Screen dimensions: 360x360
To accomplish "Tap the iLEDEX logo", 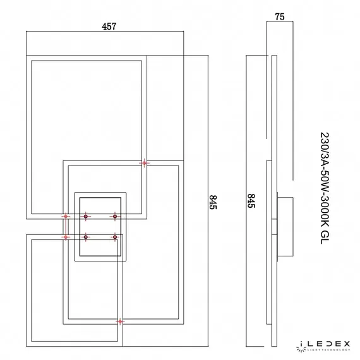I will (325, 343).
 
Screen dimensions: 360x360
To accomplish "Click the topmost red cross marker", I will (145, 163).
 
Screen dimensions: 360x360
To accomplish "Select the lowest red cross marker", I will (120, 321).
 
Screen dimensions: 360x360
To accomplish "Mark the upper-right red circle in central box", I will (115, 217).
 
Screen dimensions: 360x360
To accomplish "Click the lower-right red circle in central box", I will (115, 237).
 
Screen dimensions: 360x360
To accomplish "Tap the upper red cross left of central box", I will (65, 217).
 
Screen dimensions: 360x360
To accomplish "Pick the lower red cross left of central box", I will (65, 237).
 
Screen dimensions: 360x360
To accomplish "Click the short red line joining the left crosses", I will (65, 227).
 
